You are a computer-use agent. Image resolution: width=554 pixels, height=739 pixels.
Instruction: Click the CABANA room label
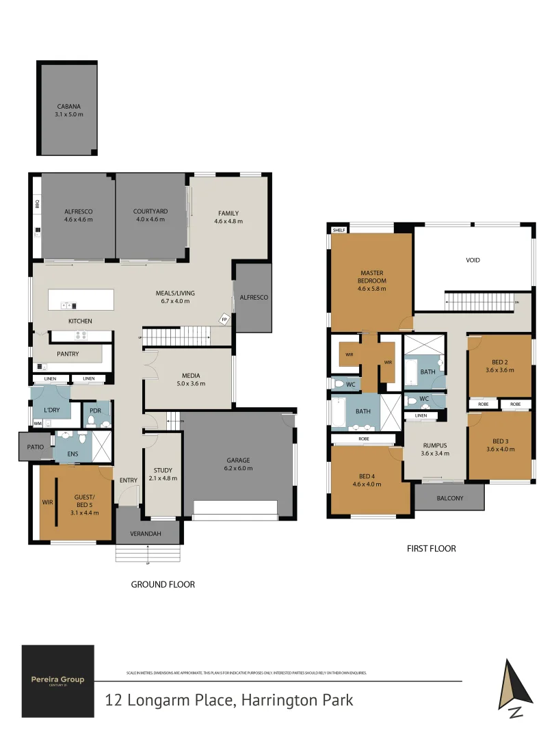(69, 106)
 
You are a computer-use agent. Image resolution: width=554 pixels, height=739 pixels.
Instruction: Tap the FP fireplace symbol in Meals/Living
(224, 318)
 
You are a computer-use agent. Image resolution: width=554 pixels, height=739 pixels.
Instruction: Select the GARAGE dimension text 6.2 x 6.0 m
(237, 468)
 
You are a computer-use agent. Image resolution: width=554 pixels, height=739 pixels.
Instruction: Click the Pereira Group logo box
(57, 680)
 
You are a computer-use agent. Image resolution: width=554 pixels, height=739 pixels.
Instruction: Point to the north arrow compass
(512, 687)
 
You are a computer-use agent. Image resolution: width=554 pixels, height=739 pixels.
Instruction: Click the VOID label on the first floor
(473, 260)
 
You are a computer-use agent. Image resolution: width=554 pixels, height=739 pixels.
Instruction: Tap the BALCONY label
(449, 498)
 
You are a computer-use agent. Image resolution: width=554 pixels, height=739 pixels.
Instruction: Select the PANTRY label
(68, 354)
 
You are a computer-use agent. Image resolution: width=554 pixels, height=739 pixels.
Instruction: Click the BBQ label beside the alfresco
(37, 204)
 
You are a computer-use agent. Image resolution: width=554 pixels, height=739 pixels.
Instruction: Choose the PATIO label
(36, 447)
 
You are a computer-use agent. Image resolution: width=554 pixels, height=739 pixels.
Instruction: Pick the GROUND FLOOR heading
(163, 584)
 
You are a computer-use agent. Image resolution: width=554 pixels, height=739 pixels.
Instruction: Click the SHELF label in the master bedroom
(339, 231)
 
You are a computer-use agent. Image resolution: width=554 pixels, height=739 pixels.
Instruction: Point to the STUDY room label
(163, 470)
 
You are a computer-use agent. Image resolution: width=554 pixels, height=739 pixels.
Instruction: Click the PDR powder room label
(95, 411)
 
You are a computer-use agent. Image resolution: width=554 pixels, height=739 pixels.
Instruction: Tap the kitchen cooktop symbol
(80, 335)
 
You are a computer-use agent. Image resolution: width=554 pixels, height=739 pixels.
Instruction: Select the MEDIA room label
(191, 375)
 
